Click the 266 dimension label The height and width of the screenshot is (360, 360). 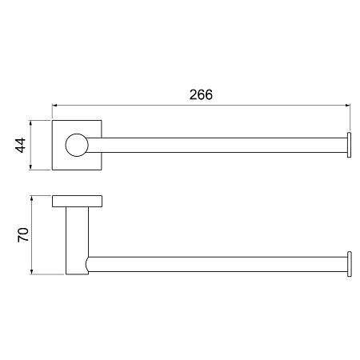[x=201, y=94]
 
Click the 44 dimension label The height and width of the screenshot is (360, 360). [x=21, y=145]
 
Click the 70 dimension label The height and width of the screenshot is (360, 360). [x=23, y=234]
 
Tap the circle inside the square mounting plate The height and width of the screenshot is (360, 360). [x=77, y=145]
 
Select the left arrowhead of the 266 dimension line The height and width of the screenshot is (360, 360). [x=54, y=106]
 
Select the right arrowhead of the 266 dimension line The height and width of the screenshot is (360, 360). [x=347, y=106]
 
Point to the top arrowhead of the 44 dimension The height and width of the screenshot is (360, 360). [x=30, y=122]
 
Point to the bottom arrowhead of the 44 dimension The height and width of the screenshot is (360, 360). [x=30, y=167]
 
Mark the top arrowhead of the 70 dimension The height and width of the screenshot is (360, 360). [x=32, y=198]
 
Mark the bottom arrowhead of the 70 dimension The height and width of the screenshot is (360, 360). [x=32, y=272]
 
